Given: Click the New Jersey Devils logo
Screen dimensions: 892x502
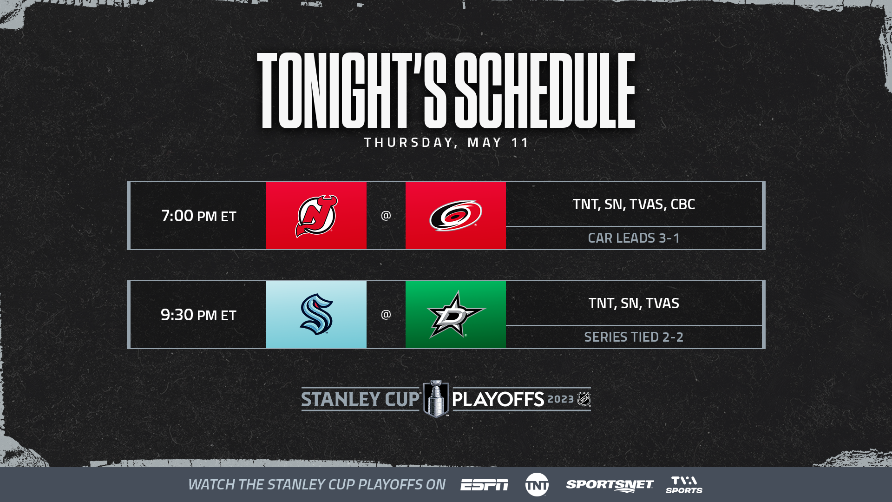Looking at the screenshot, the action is point(316,216).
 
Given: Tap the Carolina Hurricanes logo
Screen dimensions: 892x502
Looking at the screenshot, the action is point(456,215).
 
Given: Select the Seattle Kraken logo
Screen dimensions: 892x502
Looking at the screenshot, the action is point(316,314).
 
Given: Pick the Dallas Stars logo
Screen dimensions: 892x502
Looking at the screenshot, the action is point(456,315).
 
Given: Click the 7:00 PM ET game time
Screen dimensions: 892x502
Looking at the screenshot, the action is point(199,216).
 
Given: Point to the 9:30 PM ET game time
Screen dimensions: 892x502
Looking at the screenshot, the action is point(198,315).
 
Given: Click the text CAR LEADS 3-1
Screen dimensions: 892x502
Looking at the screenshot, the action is point(634,238).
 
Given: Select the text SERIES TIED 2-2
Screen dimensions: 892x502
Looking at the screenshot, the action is point(634,337).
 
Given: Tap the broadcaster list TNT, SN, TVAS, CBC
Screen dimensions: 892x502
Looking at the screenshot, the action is point(634,204).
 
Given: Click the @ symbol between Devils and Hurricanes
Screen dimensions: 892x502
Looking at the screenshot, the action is point(386,215).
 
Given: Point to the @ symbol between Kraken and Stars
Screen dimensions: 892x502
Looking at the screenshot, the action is point(386,314).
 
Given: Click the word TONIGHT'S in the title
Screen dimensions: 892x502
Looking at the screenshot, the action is point(352,90).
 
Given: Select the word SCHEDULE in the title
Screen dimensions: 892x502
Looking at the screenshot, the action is point(545,90).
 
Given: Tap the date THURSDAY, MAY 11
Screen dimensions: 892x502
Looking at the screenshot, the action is point(446,142).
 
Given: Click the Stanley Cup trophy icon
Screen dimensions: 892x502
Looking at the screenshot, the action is point(436,399).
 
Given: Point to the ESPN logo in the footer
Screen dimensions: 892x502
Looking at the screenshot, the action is point(484,485).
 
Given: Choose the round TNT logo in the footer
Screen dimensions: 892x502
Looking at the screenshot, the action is point(537,485).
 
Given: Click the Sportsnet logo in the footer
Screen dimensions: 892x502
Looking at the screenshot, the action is point(610,485).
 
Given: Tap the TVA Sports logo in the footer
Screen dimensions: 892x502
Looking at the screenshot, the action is point(684,485).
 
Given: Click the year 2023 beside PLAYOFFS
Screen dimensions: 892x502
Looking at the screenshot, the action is point(561,399).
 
